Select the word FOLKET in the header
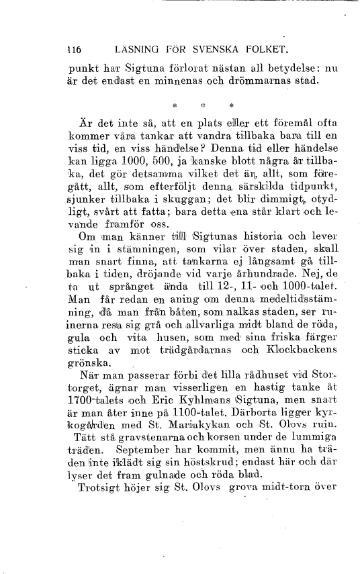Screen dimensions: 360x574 [263, 49]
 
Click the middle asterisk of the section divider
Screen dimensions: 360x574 [203, 105]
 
